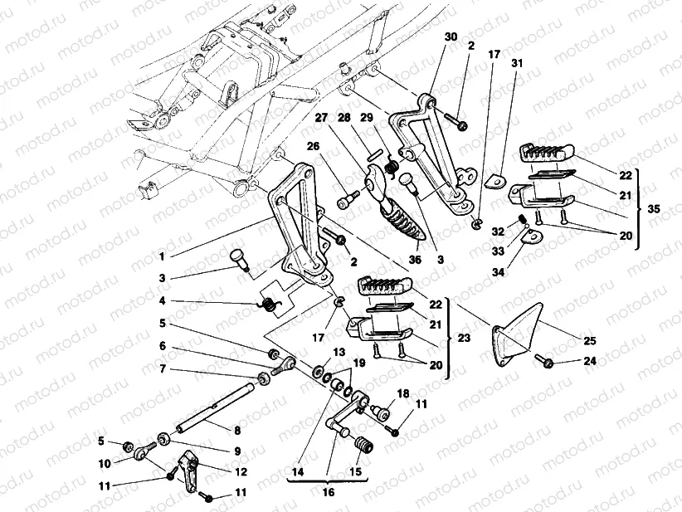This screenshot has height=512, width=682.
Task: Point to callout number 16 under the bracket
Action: [x=329, y=491]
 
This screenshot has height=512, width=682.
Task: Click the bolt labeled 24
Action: [x=548, y=362]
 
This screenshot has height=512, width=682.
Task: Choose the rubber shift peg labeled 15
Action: [x=362, y=449]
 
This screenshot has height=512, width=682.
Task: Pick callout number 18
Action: [x=402, y=393]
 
